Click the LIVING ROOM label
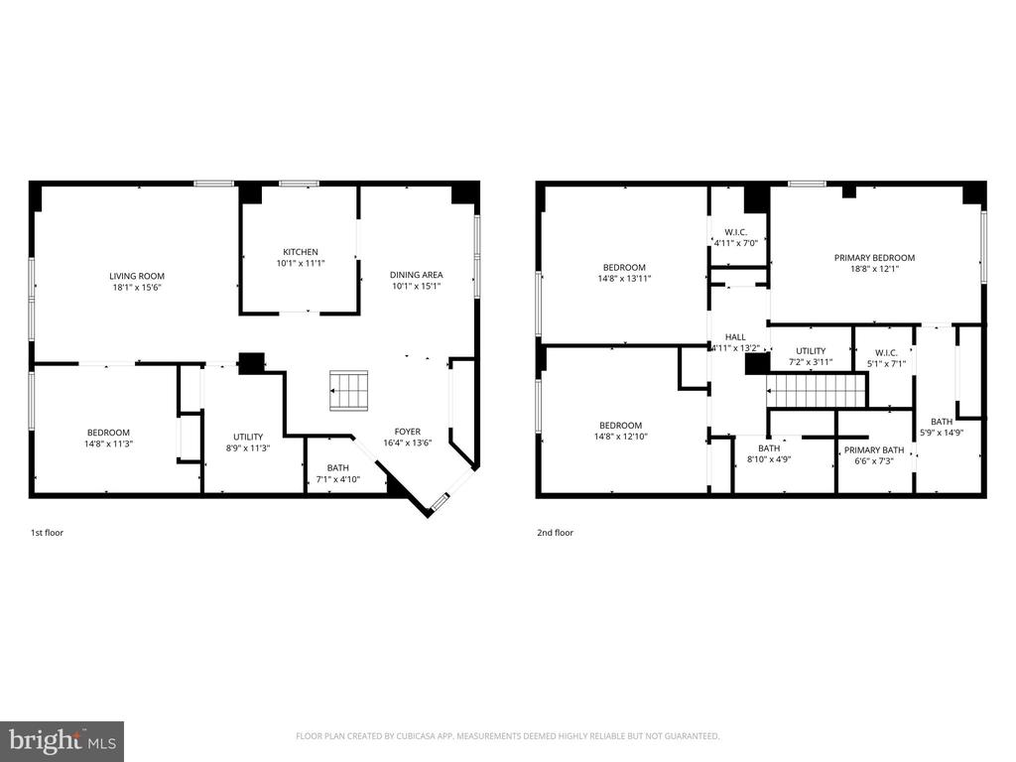coord(137,276)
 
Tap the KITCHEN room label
coord(301,252)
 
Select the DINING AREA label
coord(418,275)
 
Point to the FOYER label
coord(408,432)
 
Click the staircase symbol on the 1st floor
coord(348,390)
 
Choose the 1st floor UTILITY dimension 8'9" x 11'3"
coord(248,448)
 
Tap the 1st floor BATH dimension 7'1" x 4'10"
coord(337,479)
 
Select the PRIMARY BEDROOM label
coord(874,258)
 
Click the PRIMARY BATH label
coord(874,449)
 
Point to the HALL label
coord(735,337)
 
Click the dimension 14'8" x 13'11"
coord(624,279)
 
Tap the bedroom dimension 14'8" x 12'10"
coord(624,437)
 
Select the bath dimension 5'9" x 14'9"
coord(942,433)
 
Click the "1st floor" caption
coord(47,533)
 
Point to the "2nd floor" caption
coord(555,533)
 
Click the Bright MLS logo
coord(62,740)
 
